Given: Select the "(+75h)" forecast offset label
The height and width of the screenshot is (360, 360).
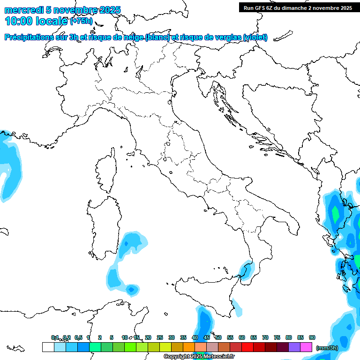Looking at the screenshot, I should (x=81, y=21).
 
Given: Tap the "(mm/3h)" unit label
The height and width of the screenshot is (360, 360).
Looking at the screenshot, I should (x=327, y=347).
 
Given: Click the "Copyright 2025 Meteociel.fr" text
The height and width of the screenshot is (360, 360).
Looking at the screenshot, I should (x=200, y=357).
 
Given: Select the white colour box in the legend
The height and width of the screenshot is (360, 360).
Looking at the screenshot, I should (x=48, y=347).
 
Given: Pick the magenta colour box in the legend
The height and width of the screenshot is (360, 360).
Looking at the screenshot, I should (x=307, y=347).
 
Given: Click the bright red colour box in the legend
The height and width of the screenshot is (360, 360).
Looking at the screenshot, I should (x=247, y=347).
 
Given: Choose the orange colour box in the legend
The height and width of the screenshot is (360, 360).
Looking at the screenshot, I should (x=189, y=347).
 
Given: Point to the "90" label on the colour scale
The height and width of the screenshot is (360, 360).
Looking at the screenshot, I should (x=312, y=337).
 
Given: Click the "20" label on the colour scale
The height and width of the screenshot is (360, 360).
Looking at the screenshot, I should (x=148, y=337).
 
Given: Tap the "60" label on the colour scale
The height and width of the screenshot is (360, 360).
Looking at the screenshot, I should (x=242, y=337).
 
